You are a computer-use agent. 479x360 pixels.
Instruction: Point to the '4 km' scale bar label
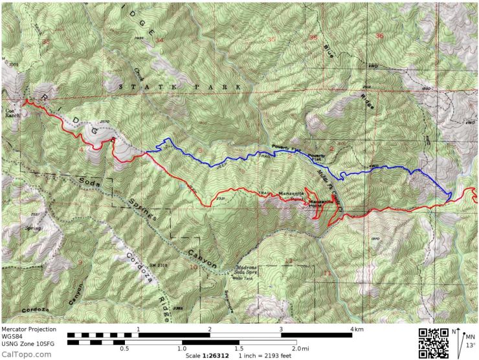coord(355,330)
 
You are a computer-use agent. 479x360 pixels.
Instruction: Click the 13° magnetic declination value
coord(469,345)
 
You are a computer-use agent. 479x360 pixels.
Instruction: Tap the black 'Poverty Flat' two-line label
coord(316,157)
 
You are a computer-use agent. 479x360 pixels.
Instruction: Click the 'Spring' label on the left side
coord(32,227)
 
